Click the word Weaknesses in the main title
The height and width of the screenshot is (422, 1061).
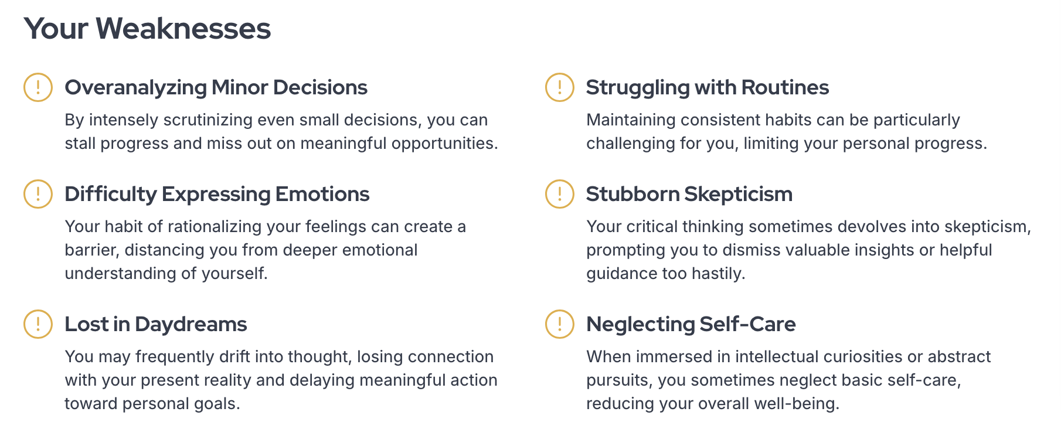tap(183, 29)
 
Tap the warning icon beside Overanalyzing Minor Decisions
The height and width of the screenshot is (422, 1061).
tap(38, 87)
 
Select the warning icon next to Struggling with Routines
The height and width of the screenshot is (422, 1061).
tap(560, 87)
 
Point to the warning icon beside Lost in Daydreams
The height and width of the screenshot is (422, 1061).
tap(38, 324)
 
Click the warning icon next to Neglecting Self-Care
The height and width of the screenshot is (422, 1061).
tap(560, 324)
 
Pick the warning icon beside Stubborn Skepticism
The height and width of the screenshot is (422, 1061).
tap(560, 194)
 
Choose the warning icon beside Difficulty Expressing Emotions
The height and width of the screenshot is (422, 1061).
tap(38, 194)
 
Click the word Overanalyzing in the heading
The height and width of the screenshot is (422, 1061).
tap(135, 88)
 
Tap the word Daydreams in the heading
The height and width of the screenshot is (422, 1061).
tap(191, 324)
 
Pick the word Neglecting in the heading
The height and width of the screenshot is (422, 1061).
tap(641, 325)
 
